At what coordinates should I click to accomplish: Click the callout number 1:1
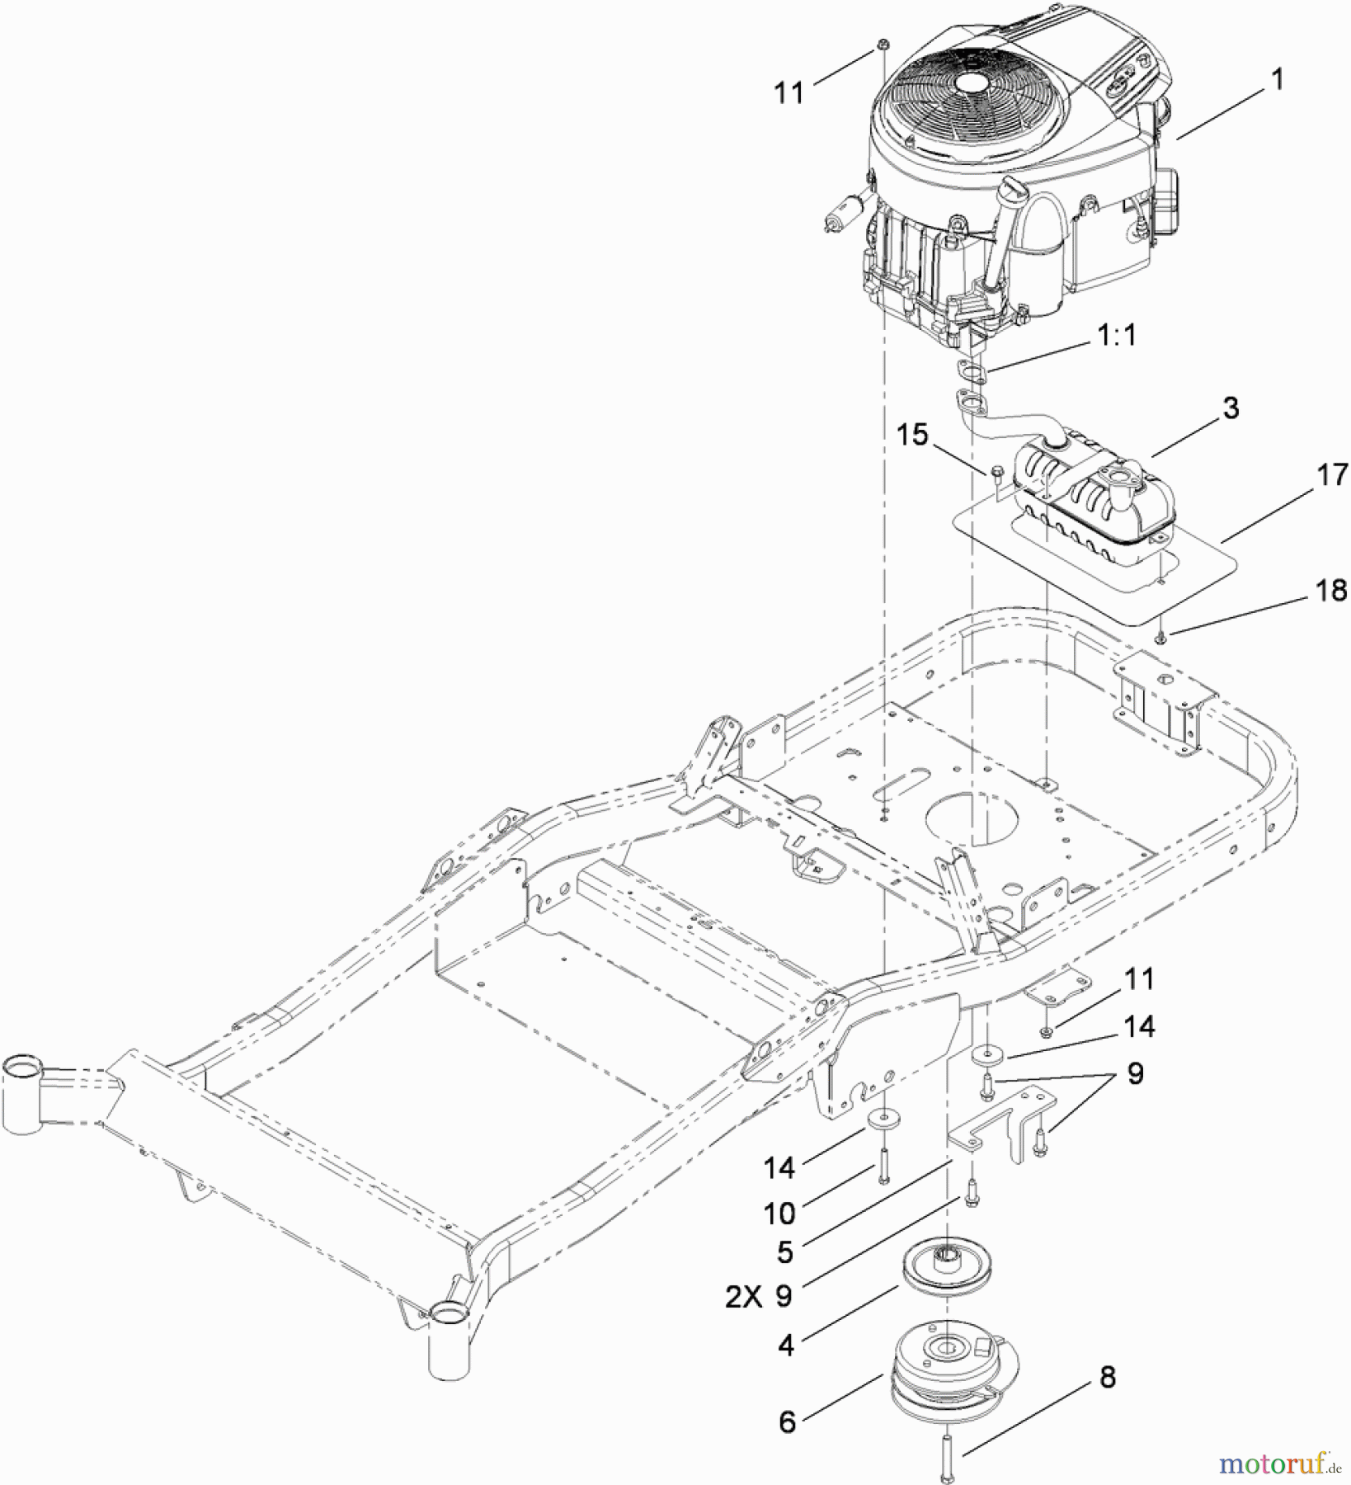click(x=1115, y=336)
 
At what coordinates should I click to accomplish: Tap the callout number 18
click(x=1330, y=591)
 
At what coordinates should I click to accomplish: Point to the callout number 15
click(x=912, y=436)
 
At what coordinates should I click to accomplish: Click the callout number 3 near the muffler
click(x=1231, y=408)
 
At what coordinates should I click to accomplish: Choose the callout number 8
click(x=1107, y=1376)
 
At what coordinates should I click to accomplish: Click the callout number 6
click(x=787, y=1422)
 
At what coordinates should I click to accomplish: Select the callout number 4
click(x=786, y=1346)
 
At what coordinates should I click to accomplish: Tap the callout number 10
click(x=779, y=1213)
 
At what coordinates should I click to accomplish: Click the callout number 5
click(x=785, y=1252)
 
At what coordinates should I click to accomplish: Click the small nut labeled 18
click(x=1160, y=636)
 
